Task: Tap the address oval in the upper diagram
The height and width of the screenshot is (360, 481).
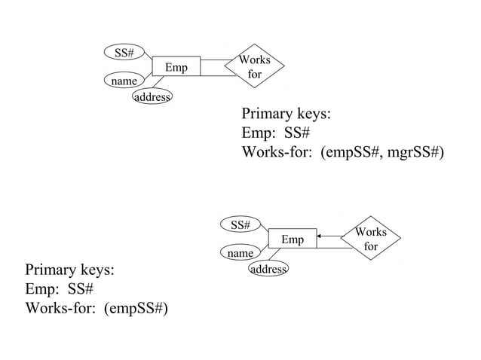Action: tap(152, 97)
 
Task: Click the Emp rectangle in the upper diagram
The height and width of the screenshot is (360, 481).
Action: tap(176, 68)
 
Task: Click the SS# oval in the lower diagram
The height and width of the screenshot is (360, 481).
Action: tap(240, 224)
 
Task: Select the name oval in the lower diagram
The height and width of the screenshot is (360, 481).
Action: tap(240, 253)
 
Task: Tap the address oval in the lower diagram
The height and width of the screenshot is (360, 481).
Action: tap(268, 269)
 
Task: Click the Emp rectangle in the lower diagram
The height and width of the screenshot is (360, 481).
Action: tap(293, 239)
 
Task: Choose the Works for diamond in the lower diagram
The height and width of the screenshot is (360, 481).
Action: tap(370, 239)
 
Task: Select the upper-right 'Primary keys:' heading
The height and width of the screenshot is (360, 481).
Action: tap(286, 115)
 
